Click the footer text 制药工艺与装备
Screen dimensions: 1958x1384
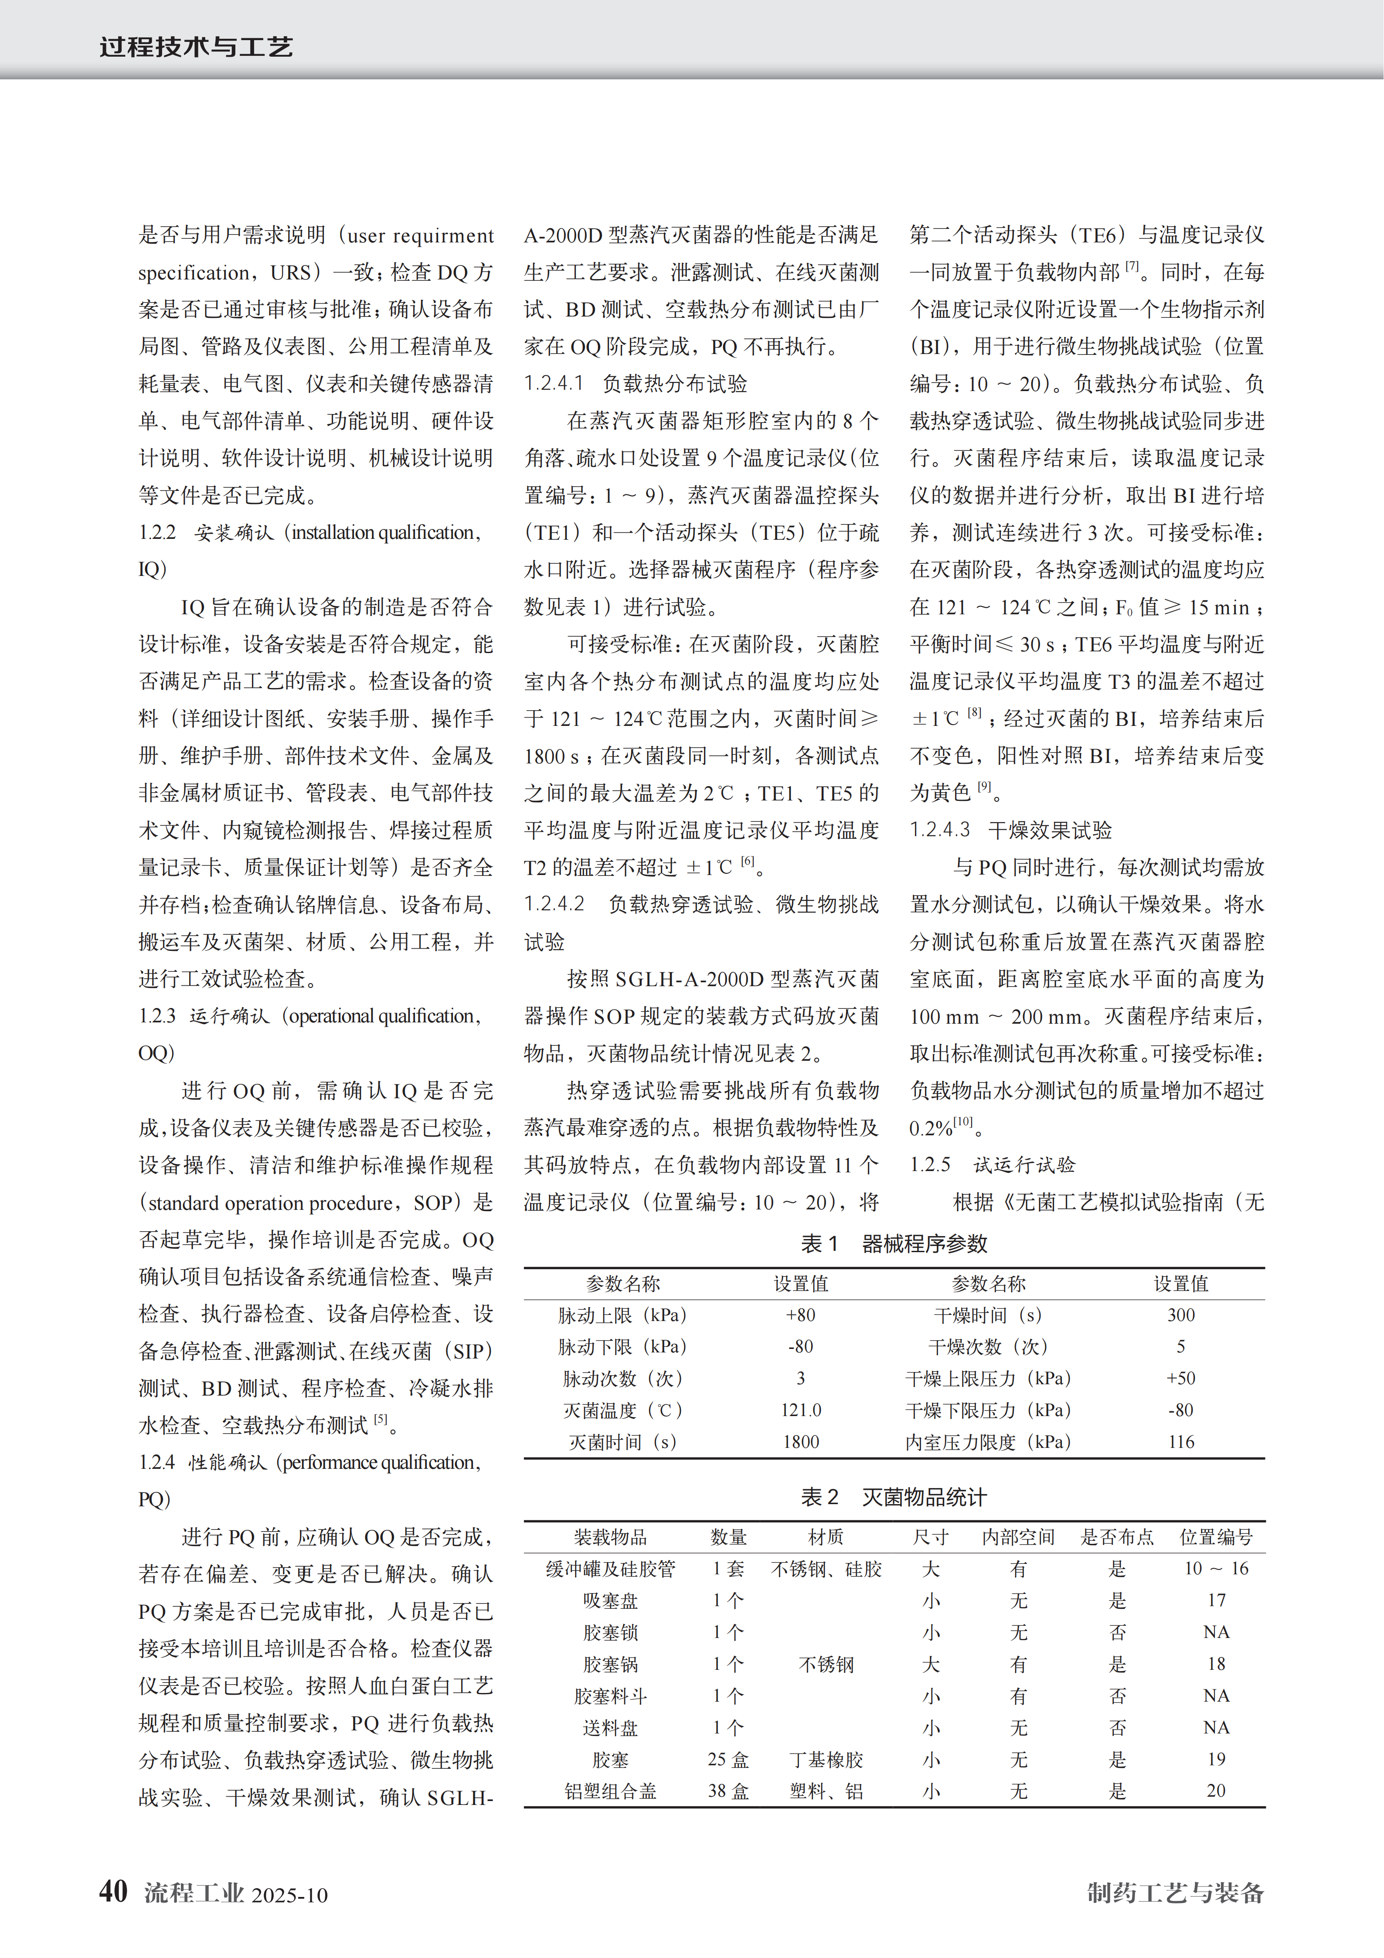coord(1175,1892)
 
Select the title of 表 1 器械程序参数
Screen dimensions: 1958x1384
coord(894,1243)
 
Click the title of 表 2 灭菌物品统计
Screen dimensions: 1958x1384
coord(894,1497)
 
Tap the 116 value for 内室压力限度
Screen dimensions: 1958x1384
coord(1181,1442)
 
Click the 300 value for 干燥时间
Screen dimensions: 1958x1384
coord(1181,1315)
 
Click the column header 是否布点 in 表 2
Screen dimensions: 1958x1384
coord(1117,1537)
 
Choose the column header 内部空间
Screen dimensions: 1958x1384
coord(1018,1537)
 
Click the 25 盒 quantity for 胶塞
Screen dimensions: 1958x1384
coord(728,1759)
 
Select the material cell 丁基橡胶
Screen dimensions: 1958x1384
coord(826,1759)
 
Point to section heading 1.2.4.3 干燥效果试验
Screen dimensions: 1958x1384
coord(1010,830)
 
